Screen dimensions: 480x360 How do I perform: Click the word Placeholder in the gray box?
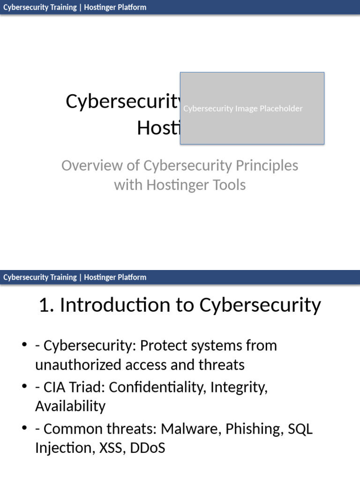coord(280,108)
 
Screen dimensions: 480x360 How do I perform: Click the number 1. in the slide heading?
coord(47,305)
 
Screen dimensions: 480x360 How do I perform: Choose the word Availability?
coord(70,406)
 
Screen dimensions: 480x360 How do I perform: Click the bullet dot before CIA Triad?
coord(24,388)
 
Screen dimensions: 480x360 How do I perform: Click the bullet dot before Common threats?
coord(24,429)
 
